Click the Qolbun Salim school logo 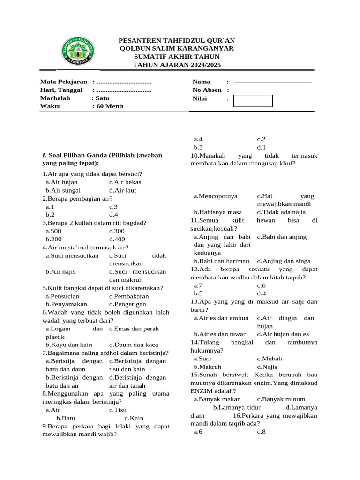[x=78, y=52]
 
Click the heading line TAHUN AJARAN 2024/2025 [x=177, y=65]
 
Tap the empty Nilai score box [x=253, y=101]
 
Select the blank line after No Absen [x=272, y=91]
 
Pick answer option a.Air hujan [x=62, y=182]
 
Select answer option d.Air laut [x=123, y=191]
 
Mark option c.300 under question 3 [x=117, y=231]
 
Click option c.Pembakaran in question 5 [x=129, y=296]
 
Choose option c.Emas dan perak [x=131, y=329]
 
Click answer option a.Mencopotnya [x=216, y=196]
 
